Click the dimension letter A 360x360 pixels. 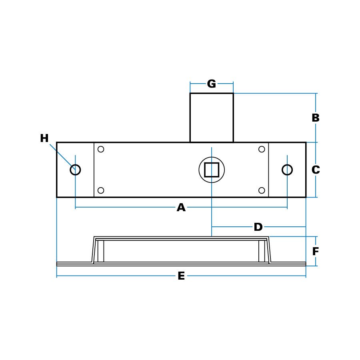181,208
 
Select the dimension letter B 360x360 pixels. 315,118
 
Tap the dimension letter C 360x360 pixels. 316,170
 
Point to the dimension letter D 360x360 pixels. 258,227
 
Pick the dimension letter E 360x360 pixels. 181,276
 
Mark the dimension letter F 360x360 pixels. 315,252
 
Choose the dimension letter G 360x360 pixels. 212,84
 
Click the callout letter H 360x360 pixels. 44,139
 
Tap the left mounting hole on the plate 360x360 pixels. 75,170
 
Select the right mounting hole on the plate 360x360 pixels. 287,170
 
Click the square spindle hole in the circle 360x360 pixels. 212,170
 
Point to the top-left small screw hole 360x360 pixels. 101,149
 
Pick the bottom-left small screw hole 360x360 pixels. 101,190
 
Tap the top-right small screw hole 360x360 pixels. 262,149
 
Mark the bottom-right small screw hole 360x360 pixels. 262,190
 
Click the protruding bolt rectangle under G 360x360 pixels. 212,118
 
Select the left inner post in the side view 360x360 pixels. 101,251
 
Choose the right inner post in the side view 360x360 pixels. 262,251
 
